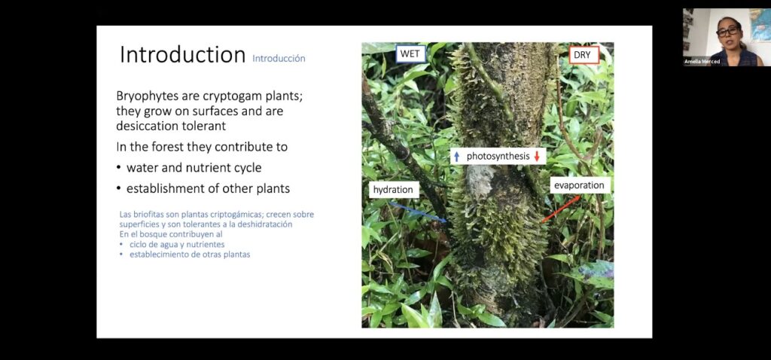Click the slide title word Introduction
182,54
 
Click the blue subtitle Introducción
279,59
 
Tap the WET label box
410,54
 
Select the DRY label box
584,55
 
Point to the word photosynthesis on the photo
498,157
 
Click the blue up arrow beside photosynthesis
457,157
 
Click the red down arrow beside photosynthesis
537,157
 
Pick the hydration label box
394,190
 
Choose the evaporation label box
581,185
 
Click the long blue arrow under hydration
419,212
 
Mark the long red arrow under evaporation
561,209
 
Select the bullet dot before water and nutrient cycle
118,168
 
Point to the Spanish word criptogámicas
239,215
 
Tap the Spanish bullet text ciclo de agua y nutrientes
177,245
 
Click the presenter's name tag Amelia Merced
702,62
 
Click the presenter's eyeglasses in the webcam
728,31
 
